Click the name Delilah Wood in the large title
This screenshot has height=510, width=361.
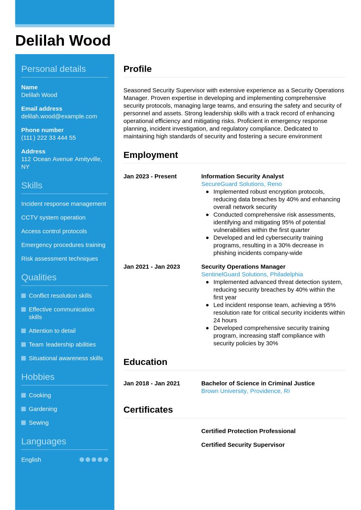[x=63, y=41]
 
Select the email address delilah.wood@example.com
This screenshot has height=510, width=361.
[x=59, y=116]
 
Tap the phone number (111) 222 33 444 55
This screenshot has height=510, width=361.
[x=49, y=138]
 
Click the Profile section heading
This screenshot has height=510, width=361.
[x=137, y=69]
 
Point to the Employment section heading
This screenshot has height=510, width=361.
[x=150, y=155]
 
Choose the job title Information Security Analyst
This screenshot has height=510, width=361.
[x=242, y=176]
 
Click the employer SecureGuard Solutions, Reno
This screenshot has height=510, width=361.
[x=241, y=184]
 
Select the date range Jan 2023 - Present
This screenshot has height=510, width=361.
[x=150, y=176]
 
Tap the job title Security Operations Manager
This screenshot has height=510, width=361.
[x=243, y=267]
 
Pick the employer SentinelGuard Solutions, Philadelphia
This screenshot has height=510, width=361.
[x=252, y=275]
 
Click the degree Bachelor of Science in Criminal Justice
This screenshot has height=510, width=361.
[x=258, y=384]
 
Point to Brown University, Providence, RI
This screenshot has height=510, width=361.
[x=245, y=391]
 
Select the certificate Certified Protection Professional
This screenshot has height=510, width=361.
[x=248, y=431]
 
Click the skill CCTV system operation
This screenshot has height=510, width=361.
[x=53, y=218]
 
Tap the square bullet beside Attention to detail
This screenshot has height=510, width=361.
[x=23, y=331]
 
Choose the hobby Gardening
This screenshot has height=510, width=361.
[x=43, y=409]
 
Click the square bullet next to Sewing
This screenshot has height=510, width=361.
[x=23, y=423]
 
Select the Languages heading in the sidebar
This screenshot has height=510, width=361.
[x=44, y=441]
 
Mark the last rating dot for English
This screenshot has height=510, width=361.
[x=106, y=460]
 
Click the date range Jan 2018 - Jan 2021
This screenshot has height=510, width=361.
[x=152, y=384]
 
